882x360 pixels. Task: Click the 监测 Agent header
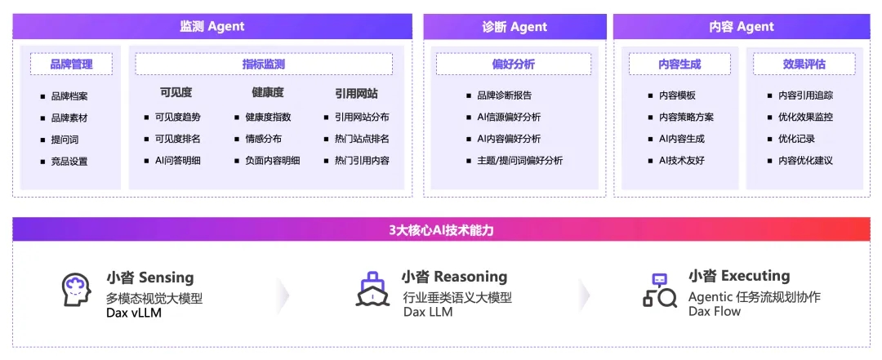(x=212, y=26)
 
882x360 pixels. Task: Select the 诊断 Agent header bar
(x=514, y=26)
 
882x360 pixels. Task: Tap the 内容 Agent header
(x=742, y=26)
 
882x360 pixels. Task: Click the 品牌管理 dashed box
(x=71, y=64)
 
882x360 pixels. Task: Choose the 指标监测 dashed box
(x=264, y=64)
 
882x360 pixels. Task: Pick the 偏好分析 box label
(x=514, y=64)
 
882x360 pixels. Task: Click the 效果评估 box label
(x=804, y=64)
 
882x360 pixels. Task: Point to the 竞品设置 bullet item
(x=65, y=162)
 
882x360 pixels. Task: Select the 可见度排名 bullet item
(x=172, y=139)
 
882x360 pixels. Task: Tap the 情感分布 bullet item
(x=258, y=139)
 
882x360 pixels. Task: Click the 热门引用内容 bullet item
(x=357, y=160)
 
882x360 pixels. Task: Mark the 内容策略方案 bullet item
(x=681, y=117)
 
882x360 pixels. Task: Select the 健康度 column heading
(x=268, y=93)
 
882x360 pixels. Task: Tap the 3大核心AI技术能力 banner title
(x=442, y=230)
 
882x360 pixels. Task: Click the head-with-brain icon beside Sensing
(x=77, y=291)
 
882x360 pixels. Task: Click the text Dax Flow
(x=715, y=311)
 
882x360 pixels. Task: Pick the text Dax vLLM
(x=134, y=312)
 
